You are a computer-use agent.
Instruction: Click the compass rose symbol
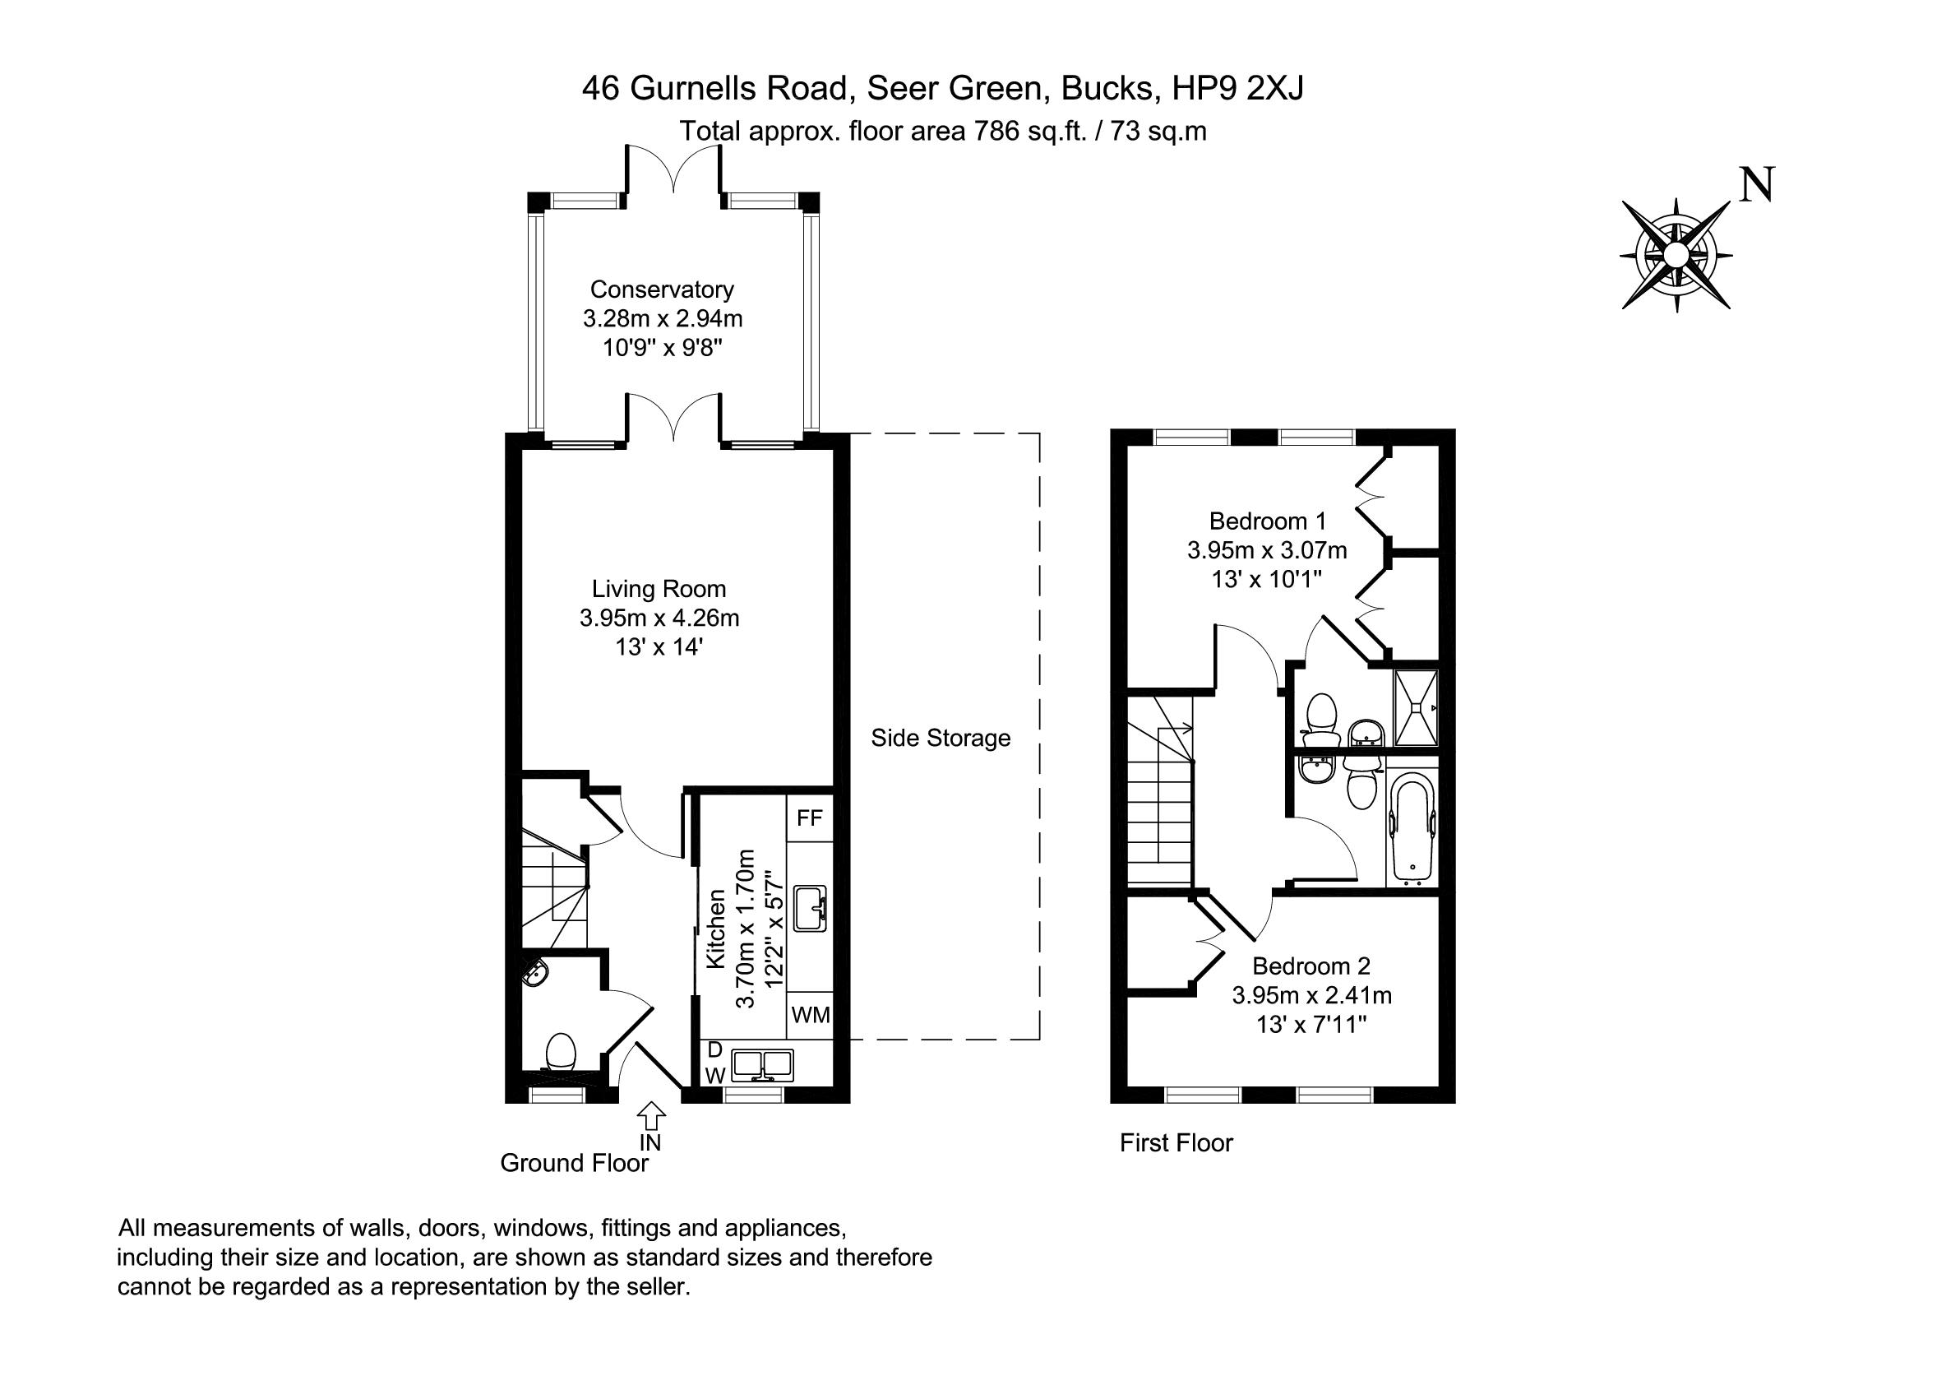(x=1676, y=254)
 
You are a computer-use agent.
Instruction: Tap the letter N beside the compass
(x=1757, y=184)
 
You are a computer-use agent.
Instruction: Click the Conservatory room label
(x=662, y=290)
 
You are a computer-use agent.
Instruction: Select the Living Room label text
(x=659, y=588)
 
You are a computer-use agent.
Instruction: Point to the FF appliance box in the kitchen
(x=808, y=818)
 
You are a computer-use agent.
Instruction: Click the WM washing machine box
(x=809, y=1014)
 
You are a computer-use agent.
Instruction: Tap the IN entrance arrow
(x=651, y=1115)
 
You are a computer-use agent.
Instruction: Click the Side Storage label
(x=941, y=738)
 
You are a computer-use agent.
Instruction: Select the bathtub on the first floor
(x=1412, y=827)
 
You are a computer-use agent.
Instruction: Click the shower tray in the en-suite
(x=1417, y=709)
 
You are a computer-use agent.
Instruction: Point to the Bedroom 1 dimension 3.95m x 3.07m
(x=1267, y=550)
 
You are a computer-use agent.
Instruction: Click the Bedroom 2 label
(x=1311, y=966)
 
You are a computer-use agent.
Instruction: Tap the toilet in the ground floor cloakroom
(x=561, y=1055)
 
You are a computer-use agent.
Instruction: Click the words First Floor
(x=1176, y=1142)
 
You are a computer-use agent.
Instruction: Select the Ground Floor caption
(x=574, y=1163)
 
